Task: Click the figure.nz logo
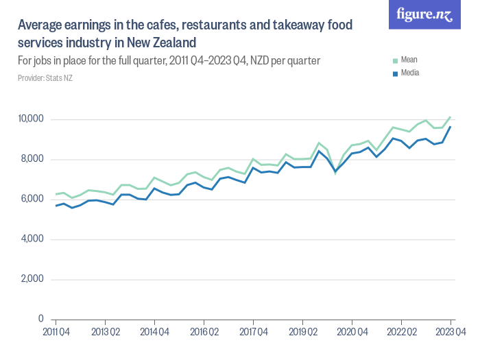424,14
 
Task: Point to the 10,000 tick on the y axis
30,119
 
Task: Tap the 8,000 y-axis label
32,159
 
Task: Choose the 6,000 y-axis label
32,200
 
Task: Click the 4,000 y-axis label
32,239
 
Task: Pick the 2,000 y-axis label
32,279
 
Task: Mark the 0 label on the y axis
40,320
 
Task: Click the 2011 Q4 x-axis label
56,331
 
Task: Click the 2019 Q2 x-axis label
302,331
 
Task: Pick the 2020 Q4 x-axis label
352,331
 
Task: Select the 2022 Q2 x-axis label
401,331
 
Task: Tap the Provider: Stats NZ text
45,78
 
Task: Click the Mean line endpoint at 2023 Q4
451,117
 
